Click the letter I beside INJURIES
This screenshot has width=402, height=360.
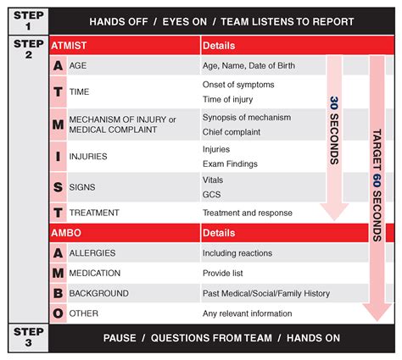click(58, 157)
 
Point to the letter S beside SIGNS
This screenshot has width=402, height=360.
click(58, 186)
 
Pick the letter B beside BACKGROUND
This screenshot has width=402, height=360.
click(58, 293)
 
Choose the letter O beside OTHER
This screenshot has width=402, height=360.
click(58, 313)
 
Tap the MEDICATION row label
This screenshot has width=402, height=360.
click(99, 274)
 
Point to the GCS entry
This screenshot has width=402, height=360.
click(211, 194)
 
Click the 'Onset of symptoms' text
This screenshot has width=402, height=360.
click(237, 85)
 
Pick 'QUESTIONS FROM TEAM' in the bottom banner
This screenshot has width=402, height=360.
click(211, 338)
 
